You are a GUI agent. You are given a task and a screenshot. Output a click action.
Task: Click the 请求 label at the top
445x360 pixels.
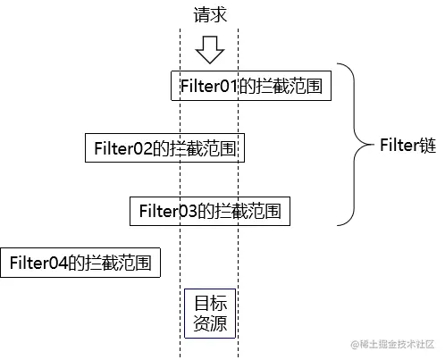pos(209,15)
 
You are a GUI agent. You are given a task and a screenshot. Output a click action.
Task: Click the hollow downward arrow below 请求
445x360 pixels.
pos(210,49)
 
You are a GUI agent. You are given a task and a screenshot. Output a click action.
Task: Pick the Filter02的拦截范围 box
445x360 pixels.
pos(165,148)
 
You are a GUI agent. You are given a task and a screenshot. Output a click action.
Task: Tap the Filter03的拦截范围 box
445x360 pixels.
pos(210,211)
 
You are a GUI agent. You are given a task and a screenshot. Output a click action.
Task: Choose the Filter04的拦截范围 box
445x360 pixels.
pos(80,263)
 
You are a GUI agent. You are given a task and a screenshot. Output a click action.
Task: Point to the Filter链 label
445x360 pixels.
pos(407,146)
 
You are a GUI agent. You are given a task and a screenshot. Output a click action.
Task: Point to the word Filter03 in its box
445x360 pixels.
pos(167,211)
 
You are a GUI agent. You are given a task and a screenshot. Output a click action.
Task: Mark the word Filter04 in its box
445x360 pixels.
pos(38,263)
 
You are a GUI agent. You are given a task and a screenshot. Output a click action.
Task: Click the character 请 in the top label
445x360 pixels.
pos(201,15)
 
